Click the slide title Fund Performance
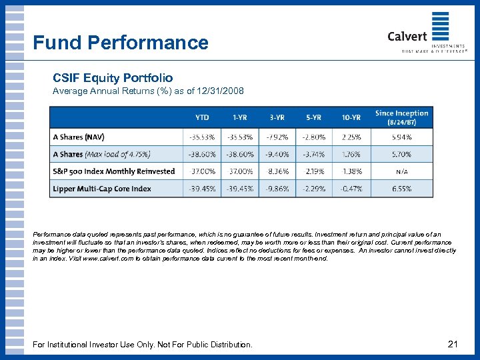click(x=121, y=43)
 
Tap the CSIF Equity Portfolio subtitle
click(x=113, y=78)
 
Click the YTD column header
click(x=201, y=117)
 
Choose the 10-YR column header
click(x=351, y=117)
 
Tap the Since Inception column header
click(x=401, y=117)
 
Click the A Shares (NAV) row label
click(x=77, y=137)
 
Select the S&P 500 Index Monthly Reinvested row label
click(x=113, y=171)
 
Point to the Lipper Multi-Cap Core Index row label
click(x=102, y=189)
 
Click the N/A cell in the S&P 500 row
click(x=401, y=171)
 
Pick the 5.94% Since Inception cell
click(x=401, y=137)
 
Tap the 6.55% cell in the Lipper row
click(x=401, y=189)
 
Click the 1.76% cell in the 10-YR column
click(x=351, y=155)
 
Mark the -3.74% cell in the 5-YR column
click(x=313, y=155)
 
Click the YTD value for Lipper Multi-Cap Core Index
click(x=201, y=189)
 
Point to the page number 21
click(x=453, y=344)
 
